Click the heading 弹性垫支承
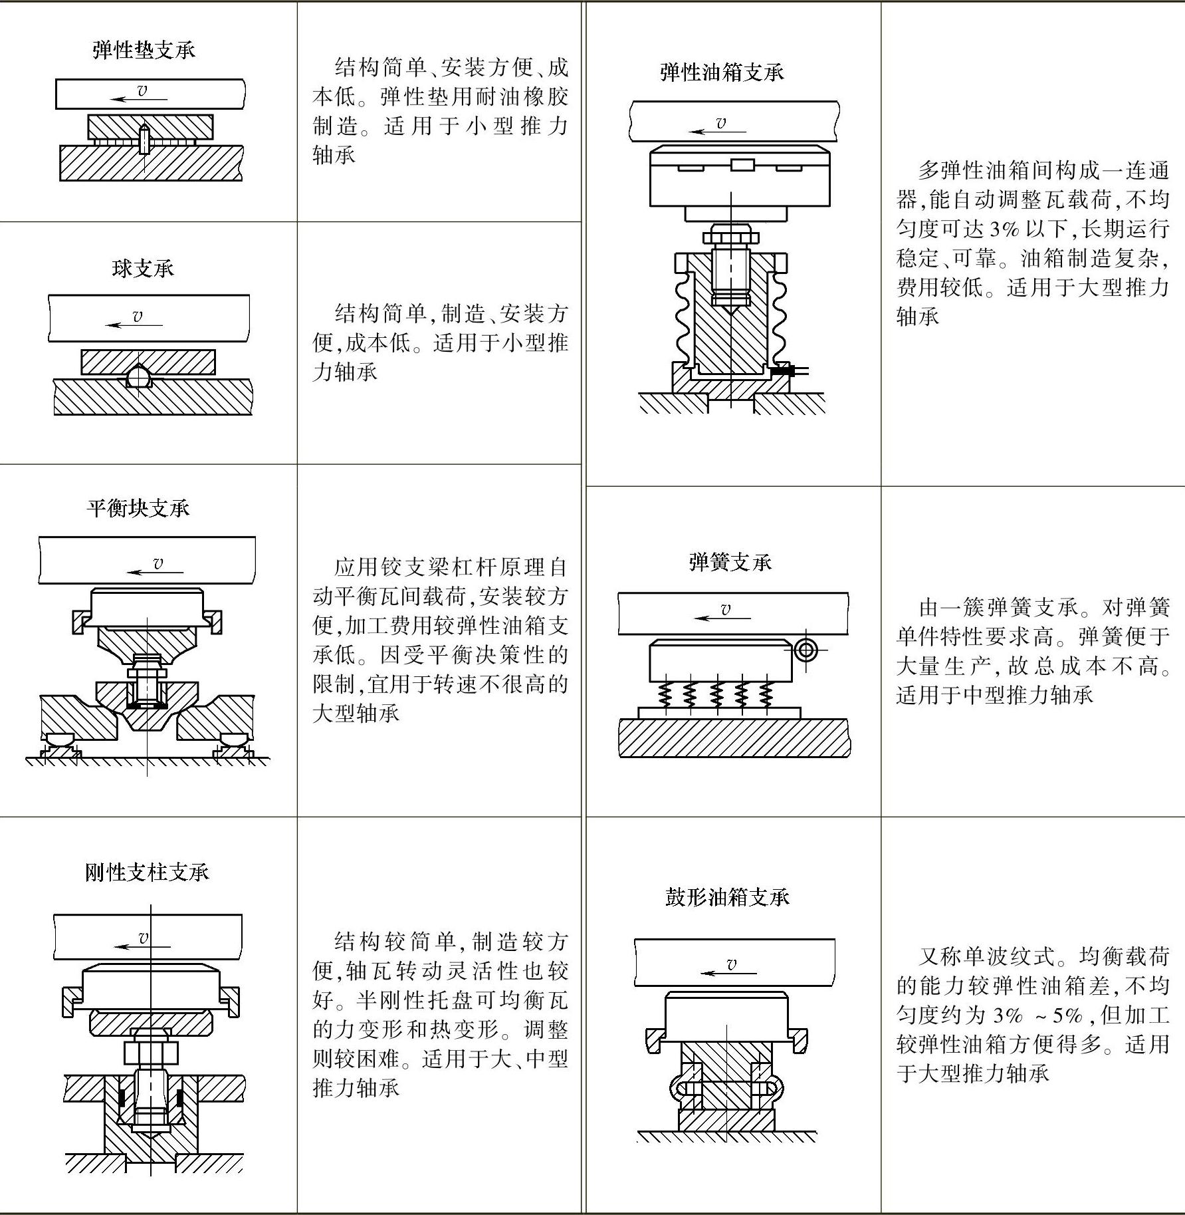coord(144,51)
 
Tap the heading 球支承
coord(143,269)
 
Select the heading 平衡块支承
coord(138,509)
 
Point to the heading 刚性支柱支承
coord(147,872)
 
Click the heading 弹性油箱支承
coord(722,72)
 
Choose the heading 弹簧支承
coord(730,563)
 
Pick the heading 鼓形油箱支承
coord(727,897)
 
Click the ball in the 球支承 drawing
coord(138,377)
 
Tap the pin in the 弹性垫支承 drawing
coord(144,138)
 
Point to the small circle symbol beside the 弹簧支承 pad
coord(806,650)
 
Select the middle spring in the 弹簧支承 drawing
coord(716,694)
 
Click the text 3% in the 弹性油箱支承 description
coord(1004,229)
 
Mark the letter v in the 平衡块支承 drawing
coord(158,563)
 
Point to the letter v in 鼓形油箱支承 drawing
coord(732,964)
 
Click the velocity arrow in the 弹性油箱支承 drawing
coord(718,131)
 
